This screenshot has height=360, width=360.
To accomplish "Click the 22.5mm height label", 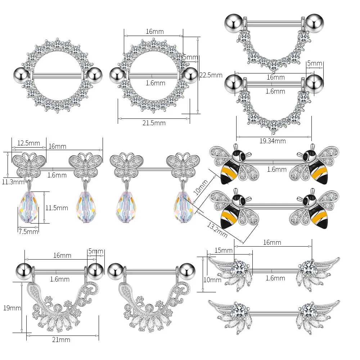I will (x=211, y=75).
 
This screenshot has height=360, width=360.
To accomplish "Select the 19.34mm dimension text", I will (x=273, y=141).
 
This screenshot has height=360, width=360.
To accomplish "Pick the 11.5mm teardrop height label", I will (x=56, y=208).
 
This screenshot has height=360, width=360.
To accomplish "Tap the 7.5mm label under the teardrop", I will (x=28, y=231).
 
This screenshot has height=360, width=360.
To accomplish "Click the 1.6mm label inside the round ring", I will (x=156, y=83).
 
